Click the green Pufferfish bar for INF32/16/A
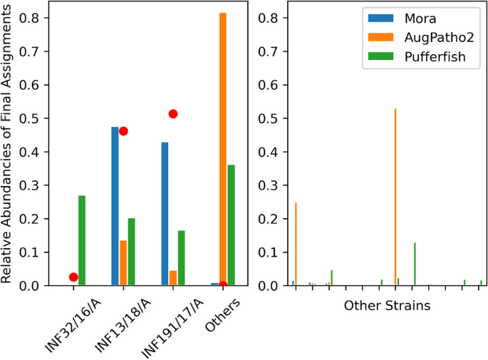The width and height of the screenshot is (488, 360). coord(82,240)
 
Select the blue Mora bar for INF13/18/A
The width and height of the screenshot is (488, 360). coord(115,206)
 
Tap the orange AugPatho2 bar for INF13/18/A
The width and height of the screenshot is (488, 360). coord(123,263)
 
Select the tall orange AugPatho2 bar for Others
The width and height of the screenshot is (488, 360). coord(223,149)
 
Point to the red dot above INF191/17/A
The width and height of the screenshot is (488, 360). coord(172,114)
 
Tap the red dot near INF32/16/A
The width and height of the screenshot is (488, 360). coord(73,277)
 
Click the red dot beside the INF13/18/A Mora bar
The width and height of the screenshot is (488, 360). coord(123,131)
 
